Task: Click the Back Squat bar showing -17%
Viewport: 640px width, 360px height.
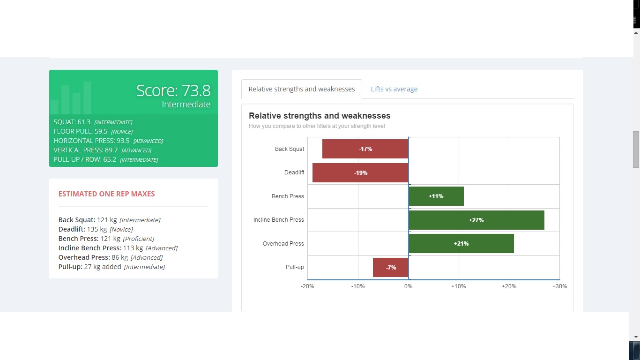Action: click(365, 149)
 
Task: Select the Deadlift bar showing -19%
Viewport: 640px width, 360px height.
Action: click(360, 172)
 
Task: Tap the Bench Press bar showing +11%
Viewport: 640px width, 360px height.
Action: click(436, 196)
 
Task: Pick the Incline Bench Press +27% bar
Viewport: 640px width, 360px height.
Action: click(476, 220)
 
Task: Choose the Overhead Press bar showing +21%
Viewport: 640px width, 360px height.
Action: click(461, 244)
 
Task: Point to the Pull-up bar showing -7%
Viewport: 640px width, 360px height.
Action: click(391, 267)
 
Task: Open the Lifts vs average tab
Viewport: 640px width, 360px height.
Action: click(394, 89)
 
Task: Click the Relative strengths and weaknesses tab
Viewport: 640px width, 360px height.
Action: click(302, 89)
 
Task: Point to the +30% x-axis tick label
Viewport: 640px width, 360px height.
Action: click(559, 286)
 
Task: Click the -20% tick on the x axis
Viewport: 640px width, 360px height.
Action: click(307, 286)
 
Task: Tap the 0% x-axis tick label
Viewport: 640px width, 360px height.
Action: click(409, 286)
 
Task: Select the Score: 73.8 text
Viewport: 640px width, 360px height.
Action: click(173, 90)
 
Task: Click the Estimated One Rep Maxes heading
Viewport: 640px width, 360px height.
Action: click(106, 194)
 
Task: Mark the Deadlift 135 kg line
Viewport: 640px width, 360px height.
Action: click(96, 229)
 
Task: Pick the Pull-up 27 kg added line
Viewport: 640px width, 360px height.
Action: click(112, 267)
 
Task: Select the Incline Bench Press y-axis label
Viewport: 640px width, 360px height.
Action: click(279, 220)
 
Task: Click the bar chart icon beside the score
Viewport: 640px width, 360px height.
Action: click(71, 98)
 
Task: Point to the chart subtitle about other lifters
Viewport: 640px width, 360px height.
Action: click(317, 126)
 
